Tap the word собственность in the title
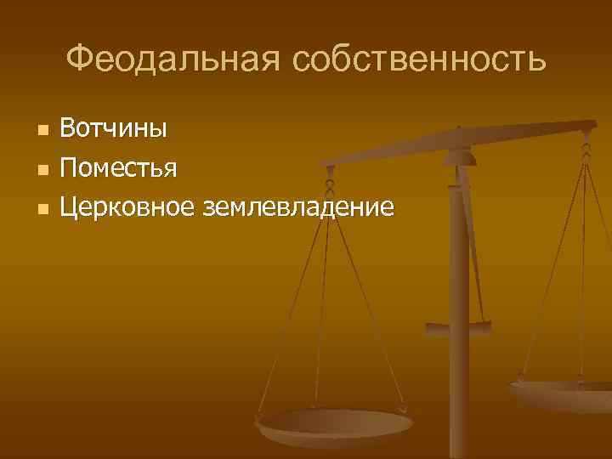pos(416,59)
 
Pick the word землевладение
pos(298,205)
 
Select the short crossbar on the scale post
pos(459,327)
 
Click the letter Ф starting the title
pos(77,59)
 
